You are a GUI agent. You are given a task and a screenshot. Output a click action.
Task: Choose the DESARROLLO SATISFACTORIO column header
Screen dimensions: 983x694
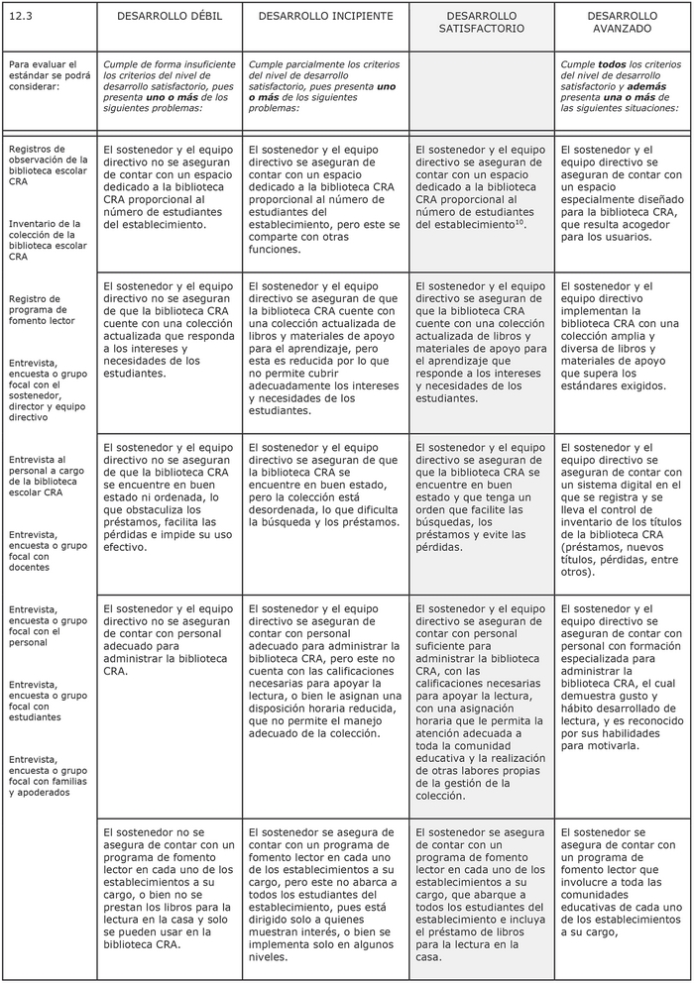(x=482, y=23)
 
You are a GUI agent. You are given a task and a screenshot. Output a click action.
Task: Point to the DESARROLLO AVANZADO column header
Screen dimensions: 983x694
(x=622, y=23)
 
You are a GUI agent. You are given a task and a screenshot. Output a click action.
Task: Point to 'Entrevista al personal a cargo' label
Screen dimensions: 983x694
(x=48, y=476)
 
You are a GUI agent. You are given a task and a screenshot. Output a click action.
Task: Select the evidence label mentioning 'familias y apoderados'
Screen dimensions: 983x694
(x=48, y=776)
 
